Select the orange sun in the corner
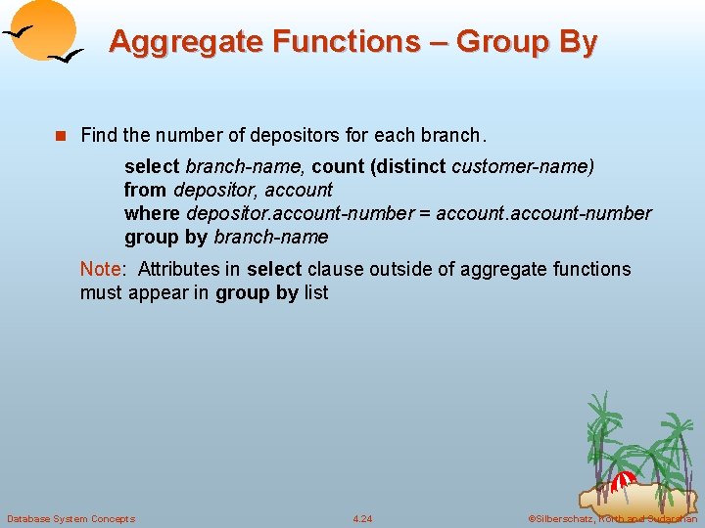coord(44,29)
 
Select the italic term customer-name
coord(522,166)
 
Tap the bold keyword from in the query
coord(145,190)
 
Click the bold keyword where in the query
coord(152,213)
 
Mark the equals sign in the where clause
coord(423,213)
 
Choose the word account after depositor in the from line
coord(299,190)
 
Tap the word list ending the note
coord(315,292)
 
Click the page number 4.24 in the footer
coord(362,518)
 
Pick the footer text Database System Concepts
coord(70,518)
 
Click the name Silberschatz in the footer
coord(566,518)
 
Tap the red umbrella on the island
coord(622,480)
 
